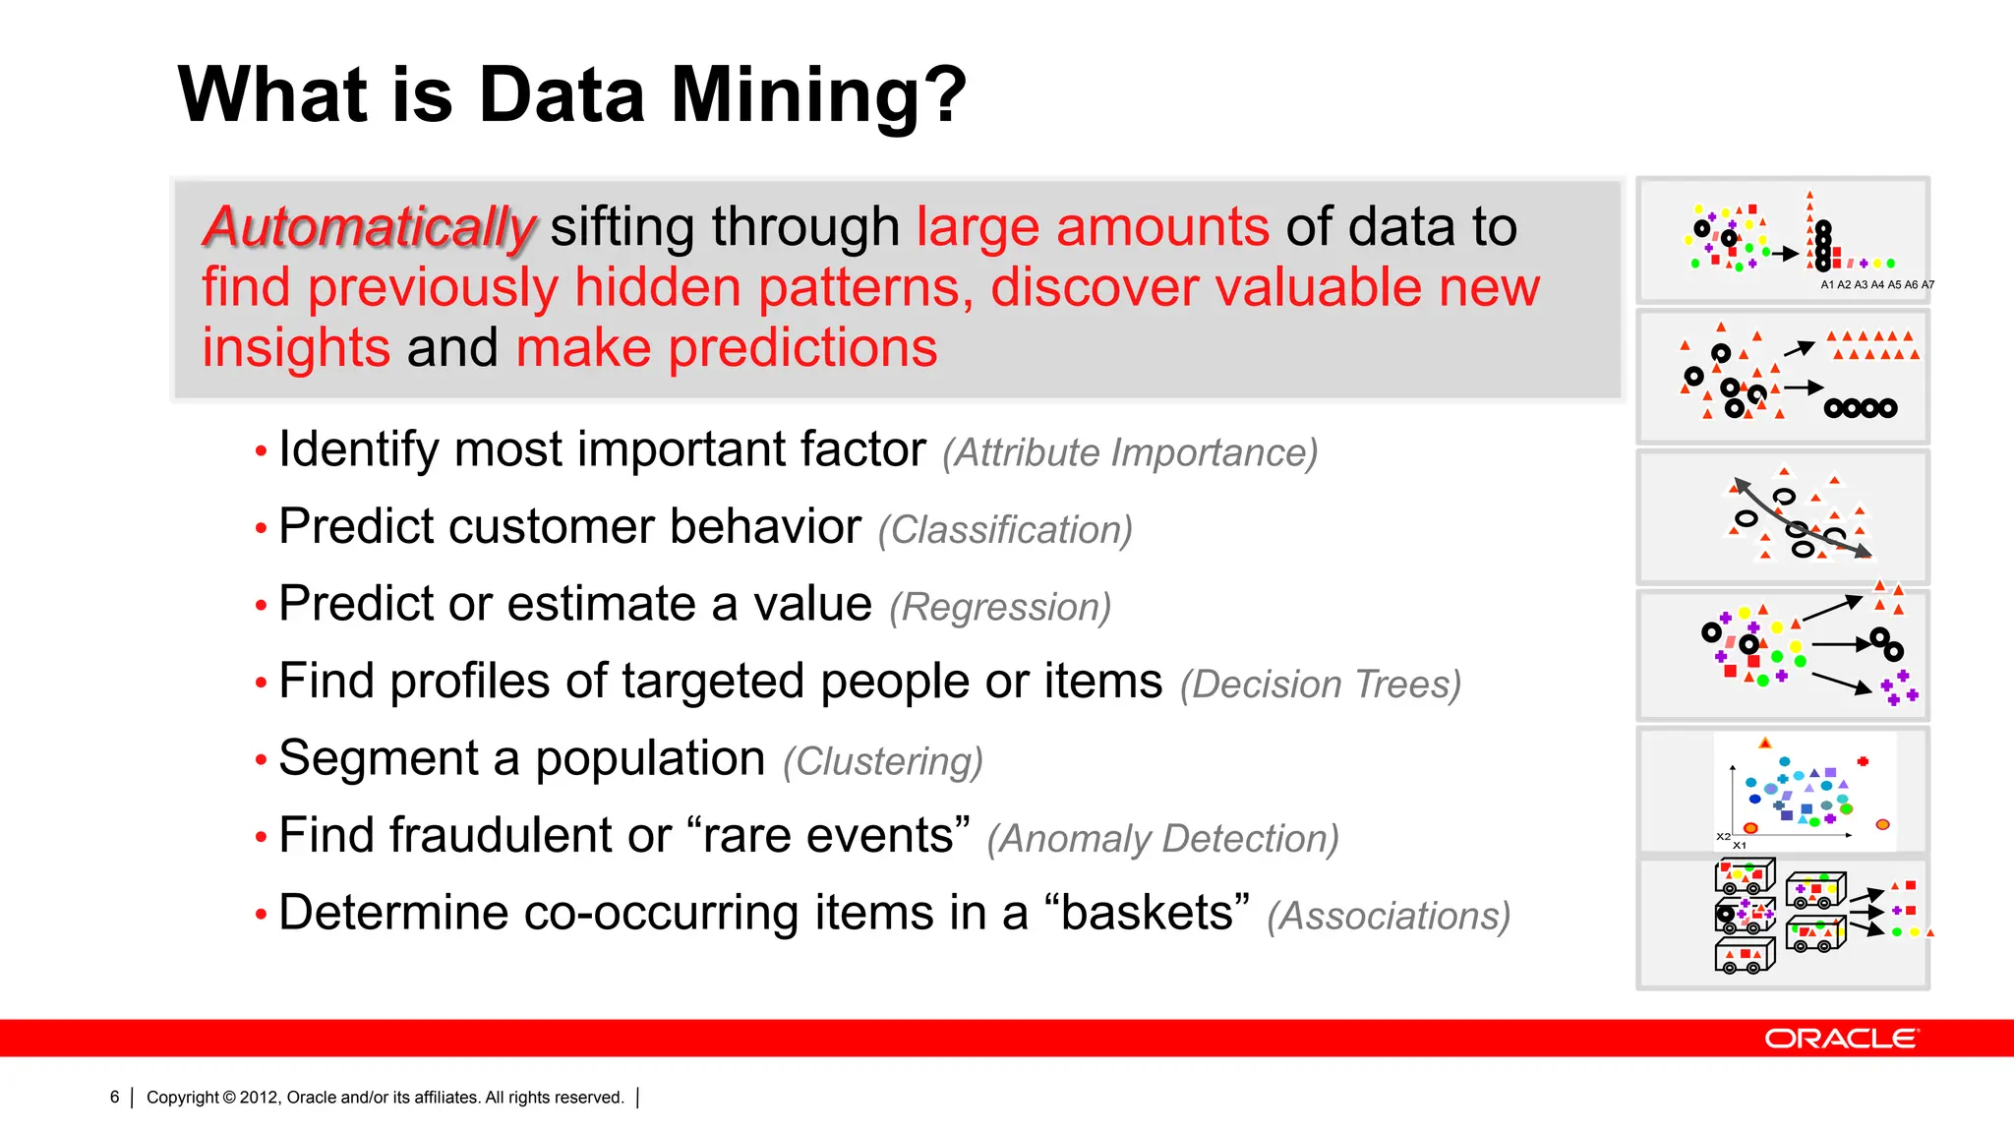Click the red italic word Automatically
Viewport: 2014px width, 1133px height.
coord(369,227)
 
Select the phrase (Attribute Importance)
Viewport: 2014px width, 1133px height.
coord(1129,453)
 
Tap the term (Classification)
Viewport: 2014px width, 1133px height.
coord(1005,530)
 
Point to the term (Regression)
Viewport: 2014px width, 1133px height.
coord(1000,608)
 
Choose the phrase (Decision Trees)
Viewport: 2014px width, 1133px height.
coord(1320,685)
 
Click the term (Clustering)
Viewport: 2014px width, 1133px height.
coord(882,762)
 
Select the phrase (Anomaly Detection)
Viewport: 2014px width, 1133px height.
coord(1162,839)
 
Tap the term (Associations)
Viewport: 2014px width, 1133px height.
coord(1388,917)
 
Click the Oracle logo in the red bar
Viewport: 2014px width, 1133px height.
coord(1840,1039)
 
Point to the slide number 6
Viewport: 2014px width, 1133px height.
coord(114,1098)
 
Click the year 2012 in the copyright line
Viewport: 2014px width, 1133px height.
coord(259,1098)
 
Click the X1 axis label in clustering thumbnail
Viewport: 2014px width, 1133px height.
coord(1740,846)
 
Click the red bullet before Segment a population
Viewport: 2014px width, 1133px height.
coord(261,760)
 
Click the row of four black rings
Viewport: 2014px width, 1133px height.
coord(1860,408)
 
